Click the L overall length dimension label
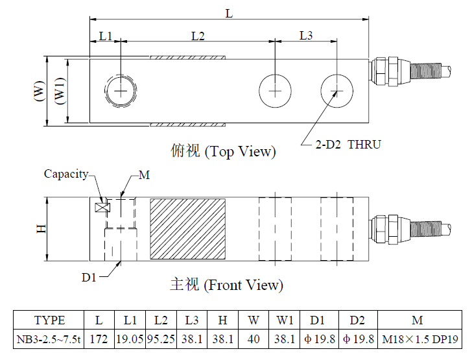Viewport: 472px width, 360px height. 228,12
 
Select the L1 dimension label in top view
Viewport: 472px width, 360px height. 106,36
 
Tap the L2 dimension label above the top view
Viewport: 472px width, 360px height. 198,36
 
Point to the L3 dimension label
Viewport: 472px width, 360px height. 306,36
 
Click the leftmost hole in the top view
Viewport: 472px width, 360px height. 121,90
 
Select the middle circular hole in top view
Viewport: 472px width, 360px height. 275,90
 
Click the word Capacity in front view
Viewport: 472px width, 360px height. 65,174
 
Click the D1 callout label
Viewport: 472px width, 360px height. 89,277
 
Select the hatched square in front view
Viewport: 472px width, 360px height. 188,228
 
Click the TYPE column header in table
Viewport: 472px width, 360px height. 49,320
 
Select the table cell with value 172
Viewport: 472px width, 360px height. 99,338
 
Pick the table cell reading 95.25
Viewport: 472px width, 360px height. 161,338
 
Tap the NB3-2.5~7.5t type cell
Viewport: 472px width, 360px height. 49,338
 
